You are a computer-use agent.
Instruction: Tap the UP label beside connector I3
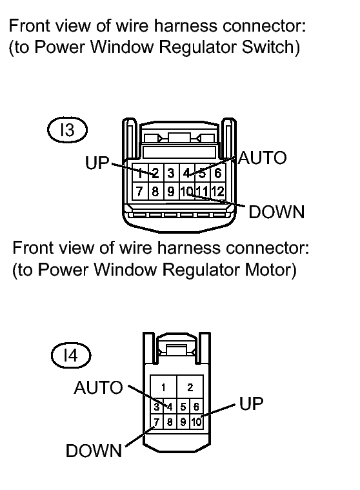tap(97, 163)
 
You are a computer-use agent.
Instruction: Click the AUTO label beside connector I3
tap(263, 158)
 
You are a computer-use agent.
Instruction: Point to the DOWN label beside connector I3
tap(277, 212)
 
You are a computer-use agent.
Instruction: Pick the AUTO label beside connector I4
tap(98, 388)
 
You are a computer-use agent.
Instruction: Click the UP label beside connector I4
tap(252, 403)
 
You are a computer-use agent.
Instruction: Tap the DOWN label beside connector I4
tap(94, 451)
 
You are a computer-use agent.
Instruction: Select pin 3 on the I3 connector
tap(171, 173)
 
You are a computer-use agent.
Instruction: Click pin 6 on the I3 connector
tap(218, 173)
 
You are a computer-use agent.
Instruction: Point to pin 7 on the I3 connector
tap(139, 191)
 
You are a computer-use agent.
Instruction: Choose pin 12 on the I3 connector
tap(218, 191)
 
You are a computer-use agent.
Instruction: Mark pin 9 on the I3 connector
tap(171, 191)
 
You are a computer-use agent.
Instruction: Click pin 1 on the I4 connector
tap(163, 387)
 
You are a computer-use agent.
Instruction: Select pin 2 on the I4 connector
tap(190, 387)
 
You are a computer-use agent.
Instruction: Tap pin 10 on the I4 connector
tap(196, 422)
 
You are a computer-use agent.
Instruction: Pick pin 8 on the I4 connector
tap(170, 422)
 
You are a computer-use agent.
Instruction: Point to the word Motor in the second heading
tap(270, 269)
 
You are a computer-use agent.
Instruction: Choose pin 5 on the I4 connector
tap(183, 407)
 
